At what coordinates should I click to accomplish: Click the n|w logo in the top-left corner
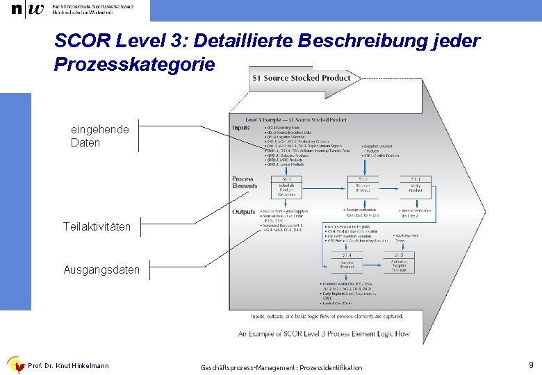click(x=27, y=10)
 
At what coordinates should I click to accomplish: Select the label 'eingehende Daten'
click(x=100, y=136)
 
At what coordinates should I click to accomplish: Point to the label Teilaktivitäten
click(x=97, y=226)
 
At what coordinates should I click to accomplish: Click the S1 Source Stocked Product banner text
click(x=302, y=78)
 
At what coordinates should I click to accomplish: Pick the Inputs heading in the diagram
click(x=241, y=128)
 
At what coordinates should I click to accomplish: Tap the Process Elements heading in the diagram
click(x=244, y=183)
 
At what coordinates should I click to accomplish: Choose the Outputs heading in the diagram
click(x=244, y=211)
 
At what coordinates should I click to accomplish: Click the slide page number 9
click(x=531, y=365)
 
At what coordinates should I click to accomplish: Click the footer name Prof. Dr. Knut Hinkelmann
click(x=68, y=366)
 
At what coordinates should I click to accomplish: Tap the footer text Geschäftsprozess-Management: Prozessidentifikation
click(x=281, y=367)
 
